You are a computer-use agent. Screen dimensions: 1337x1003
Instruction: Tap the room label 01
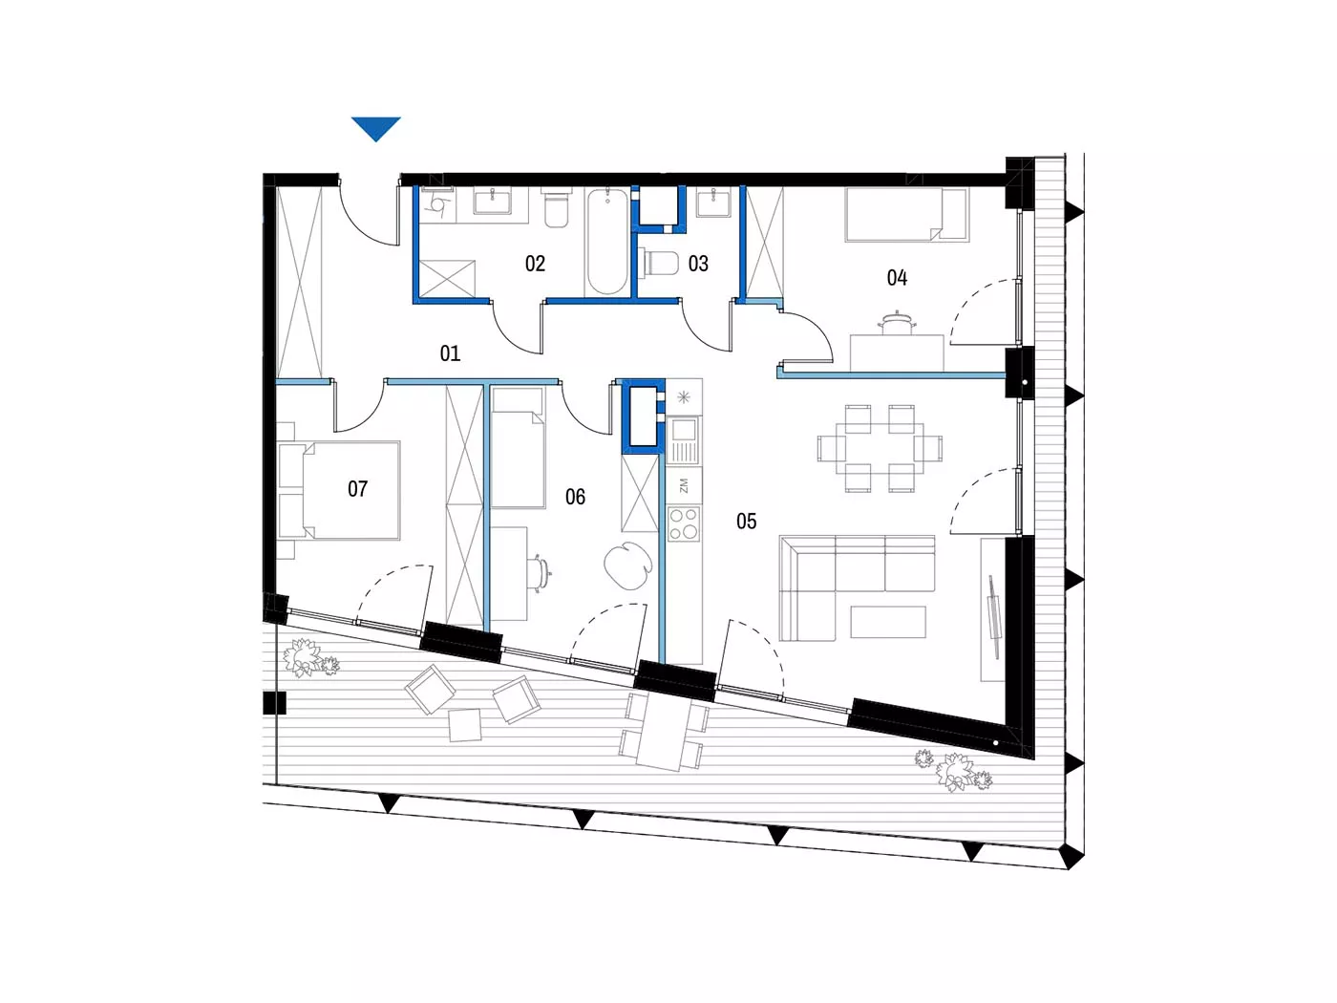coord(450,353)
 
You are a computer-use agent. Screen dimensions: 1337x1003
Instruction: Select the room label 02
coord(535,264)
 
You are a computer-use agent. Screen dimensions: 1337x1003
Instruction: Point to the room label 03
coord(698,264)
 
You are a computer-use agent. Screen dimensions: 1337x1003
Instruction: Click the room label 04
coord(897,278)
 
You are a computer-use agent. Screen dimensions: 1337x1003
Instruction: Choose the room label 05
coord(746,522)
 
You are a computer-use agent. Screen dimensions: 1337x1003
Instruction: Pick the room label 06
coord(575,497)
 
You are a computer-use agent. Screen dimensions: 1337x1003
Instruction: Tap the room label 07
coord(357,488)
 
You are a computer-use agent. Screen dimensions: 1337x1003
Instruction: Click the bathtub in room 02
coord(607,242)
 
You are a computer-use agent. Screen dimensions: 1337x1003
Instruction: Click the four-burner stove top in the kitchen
coord(684,523)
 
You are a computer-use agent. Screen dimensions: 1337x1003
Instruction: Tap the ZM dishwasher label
coord(684,485)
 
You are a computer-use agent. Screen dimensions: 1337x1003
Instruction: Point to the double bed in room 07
coord(339,491)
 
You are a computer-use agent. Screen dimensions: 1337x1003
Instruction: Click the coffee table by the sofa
coord(888,622)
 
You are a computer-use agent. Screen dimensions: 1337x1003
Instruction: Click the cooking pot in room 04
coord(896,322)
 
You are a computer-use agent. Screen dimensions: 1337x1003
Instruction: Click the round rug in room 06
coord(628,565)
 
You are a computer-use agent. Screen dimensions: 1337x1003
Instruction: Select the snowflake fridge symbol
coord(684,397)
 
